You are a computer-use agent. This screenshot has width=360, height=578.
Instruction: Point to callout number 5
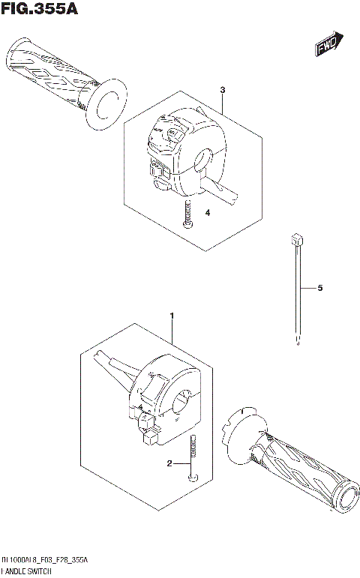(319, 287)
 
